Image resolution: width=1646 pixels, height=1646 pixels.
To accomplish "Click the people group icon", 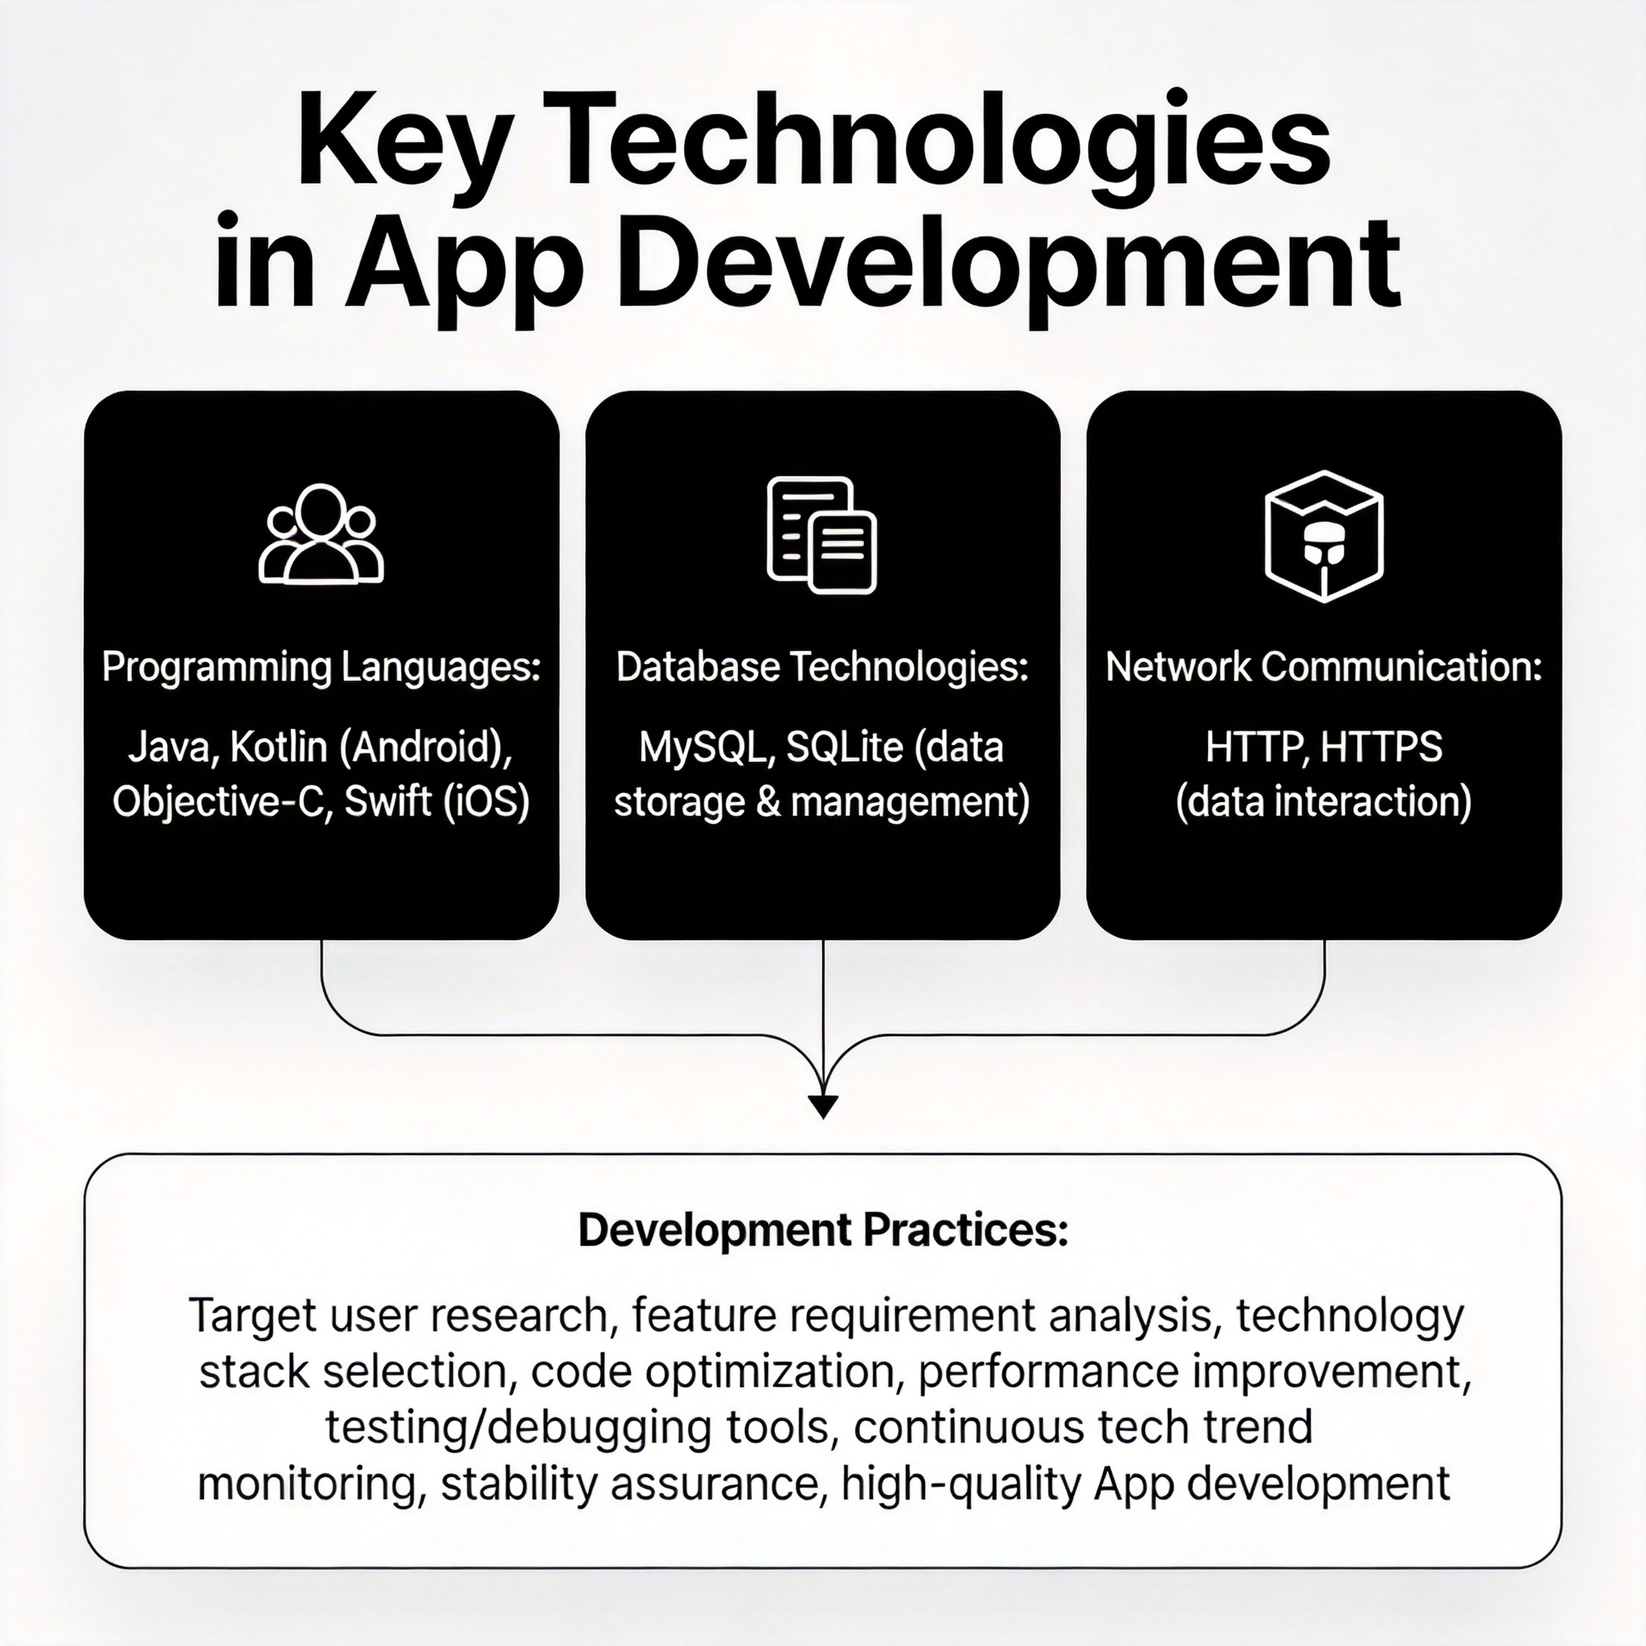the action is coord(321,534).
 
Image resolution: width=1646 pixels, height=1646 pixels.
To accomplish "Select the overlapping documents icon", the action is coord(822,535).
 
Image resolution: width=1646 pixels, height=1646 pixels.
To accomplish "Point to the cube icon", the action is coord(1324,536).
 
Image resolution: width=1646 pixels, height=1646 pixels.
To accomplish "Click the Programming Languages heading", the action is coord(321,667).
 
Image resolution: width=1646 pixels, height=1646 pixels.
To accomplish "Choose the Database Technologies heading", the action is coord(822,667).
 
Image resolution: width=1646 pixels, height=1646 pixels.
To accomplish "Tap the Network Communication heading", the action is coord(1324,667).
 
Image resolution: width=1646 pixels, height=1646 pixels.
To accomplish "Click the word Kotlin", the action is coord(279,747).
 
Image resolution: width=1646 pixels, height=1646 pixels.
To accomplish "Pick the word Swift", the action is coord(387,801).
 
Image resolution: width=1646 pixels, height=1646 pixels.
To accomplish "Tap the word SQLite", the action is coord(845,747).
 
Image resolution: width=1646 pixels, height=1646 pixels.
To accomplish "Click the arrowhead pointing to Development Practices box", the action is coord(823,1106).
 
